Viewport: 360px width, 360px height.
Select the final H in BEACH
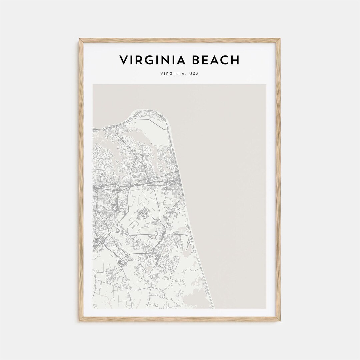[235, 60]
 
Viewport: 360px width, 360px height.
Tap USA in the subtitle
[194, 74]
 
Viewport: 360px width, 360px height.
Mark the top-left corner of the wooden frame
[80, 39]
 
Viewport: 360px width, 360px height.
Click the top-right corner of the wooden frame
[280, 39]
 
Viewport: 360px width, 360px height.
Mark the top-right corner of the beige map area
[266, 85]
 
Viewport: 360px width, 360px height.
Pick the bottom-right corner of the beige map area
[266, 308]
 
